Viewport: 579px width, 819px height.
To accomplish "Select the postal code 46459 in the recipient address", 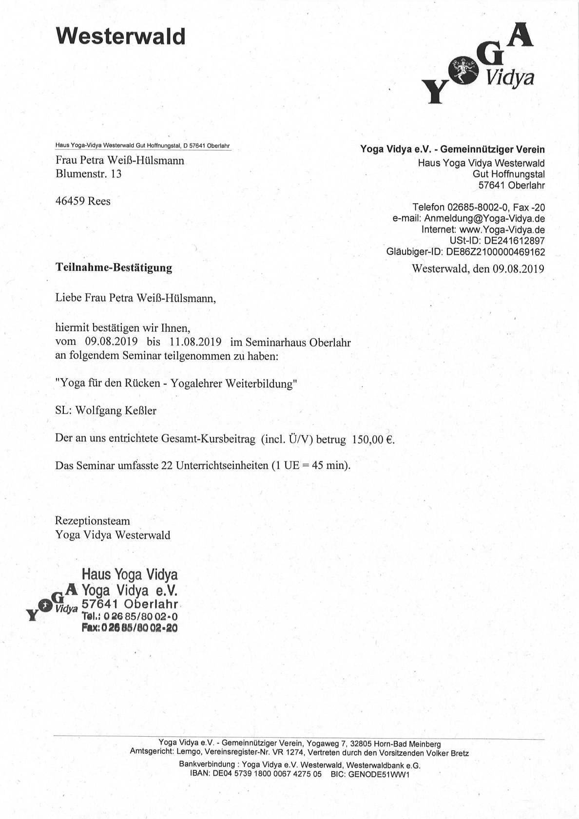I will pos(70,201).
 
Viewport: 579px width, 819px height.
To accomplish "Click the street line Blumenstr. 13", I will pos(88,173).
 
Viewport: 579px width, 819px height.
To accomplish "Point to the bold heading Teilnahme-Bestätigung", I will pos(114,267).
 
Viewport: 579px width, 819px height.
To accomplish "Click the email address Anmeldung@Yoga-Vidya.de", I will pos(484,218).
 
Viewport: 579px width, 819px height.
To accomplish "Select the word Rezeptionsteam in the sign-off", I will pos(93,521).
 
